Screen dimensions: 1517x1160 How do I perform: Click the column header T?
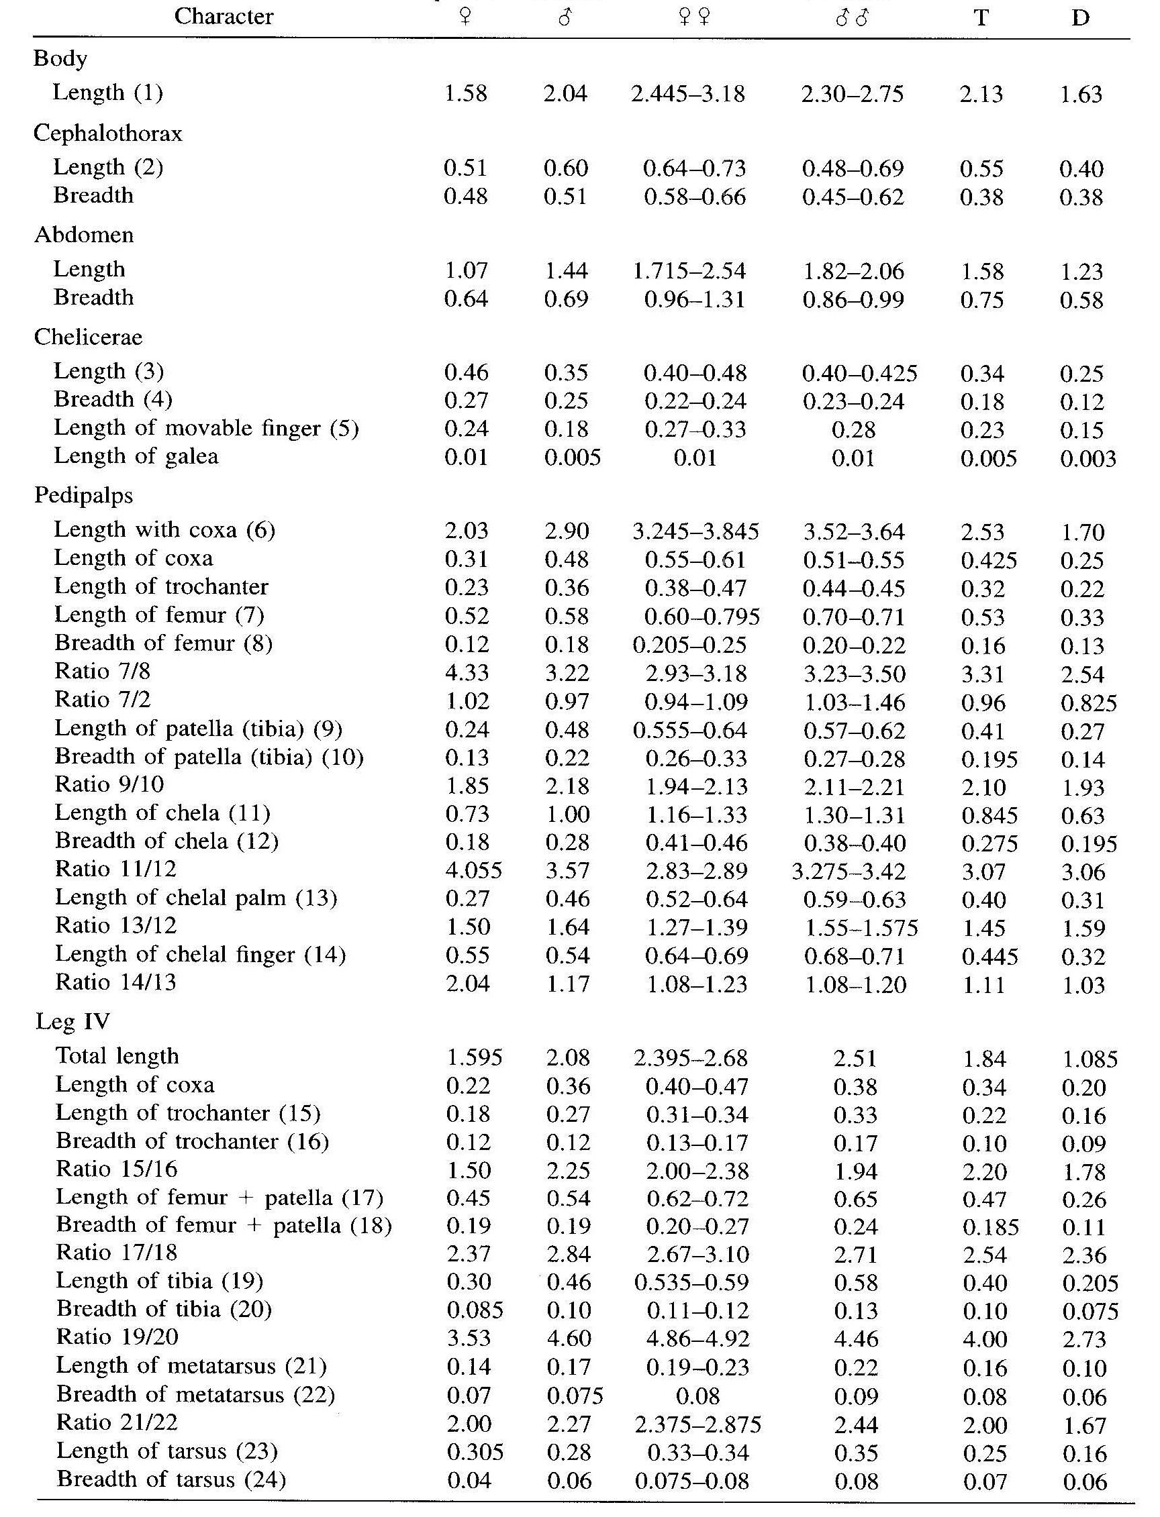981,17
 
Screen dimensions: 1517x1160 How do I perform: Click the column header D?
1080,17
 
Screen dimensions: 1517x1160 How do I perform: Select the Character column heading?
224,16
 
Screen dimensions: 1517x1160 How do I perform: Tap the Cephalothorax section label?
107,133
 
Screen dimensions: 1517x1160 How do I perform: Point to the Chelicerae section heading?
89,337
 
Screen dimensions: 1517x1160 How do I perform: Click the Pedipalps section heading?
83,495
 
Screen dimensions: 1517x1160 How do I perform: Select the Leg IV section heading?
72,1021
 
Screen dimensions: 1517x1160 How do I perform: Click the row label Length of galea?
136,456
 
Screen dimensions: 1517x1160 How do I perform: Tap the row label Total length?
117,1056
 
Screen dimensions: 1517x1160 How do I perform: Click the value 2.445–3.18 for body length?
687,94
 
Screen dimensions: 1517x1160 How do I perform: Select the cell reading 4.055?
473,871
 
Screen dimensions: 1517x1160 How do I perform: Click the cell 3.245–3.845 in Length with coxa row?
695,531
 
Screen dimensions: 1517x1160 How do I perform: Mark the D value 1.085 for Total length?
1089,1059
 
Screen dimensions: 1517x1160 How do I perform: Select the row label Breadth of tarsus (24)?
171,1479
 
